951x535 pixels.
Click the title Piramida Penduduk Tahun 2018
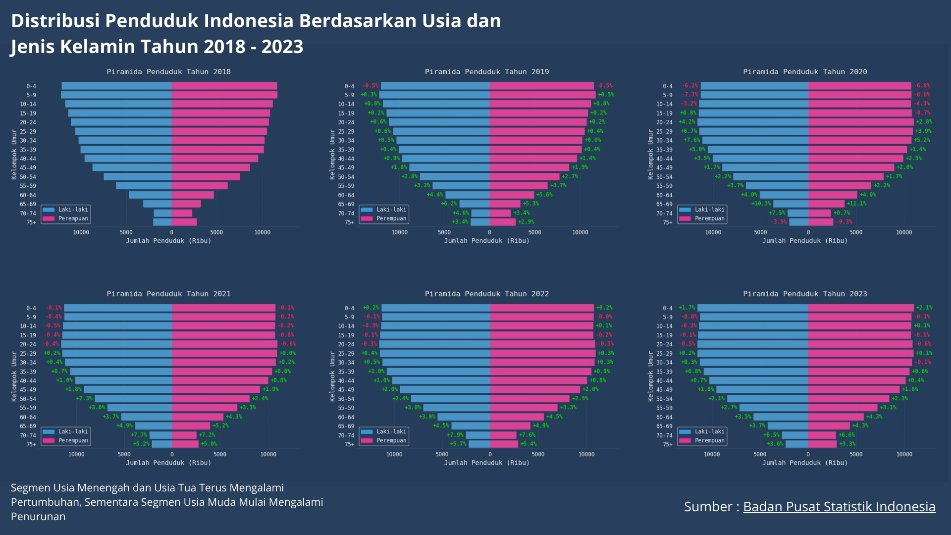(168, 72)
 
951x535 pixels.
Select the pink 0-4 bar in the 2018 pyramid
(224, 86)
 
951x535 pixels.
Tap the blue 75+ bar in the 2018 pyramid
(162, 222)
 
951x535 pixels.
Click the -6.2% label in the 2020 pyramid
(690, 86)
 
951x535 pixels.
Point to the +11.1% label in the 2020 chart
(856, 204)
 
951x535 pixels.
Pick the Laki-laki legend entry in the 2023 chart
(709, 431)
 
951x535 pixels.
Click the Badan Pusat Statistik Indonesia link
(839, 506)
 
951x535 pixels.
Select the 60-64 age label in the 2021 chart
(28, 417)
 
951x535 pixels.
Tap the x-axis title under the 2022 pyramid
(486, 463)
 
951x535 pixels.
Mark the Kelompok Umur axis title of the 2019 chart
(332, 154)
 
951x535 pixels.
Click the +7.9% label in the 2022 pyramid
(455, 435)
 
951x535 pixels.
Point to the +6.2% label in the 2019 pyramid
(449, 204)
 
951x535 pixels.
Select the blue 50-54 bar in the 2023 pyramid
(767, 399)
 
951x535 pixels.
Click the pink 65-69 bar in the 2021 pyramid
(191, 426)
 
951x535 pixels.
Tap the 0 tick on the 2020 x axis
(808, 232)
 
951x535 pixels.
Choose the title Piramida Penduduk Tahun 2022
(486, 294)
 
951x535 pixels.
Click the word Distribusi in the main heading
(55, 21)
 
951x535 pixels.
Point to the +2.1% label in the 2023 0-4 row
(924, 308)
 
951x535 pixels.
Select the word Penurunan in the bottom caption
(38, 516)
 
